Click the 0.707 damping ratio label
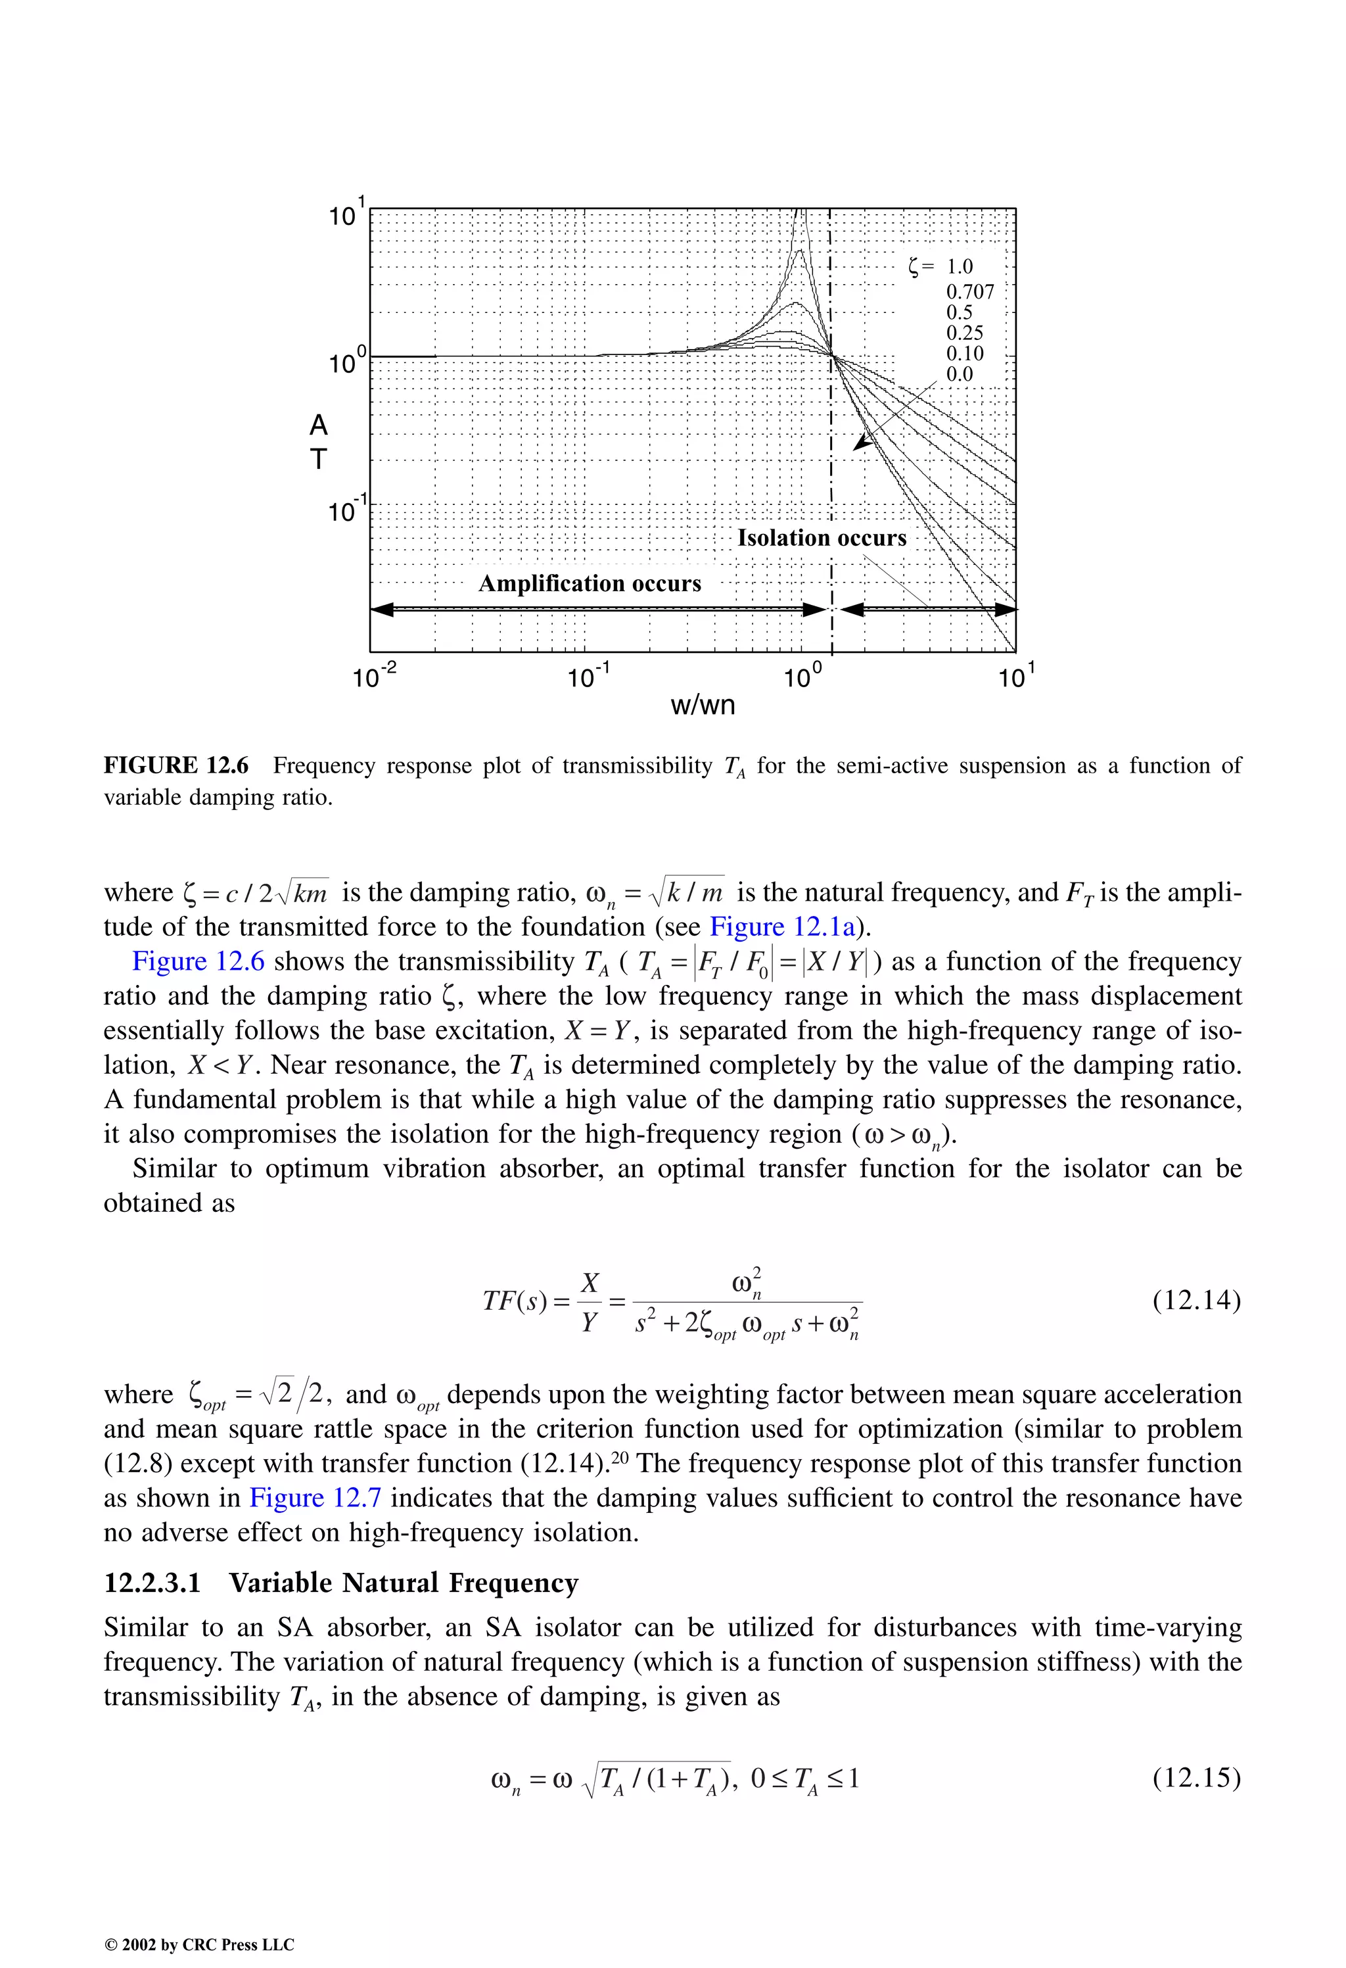point(969,291)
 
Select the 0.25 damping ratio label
point(964,333)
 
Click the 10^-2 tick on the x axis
point(373,677)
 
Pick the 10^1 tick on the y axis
point(347,214)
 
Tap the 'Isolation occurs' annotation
point(821,538)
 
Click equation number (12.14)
point(1196,1299)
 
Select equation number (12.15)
point(1196,1777)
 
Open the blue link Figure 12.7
point(315,1498)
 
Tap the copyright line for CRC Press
point(199,1944)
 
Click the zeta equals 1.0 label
point(940,267)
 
